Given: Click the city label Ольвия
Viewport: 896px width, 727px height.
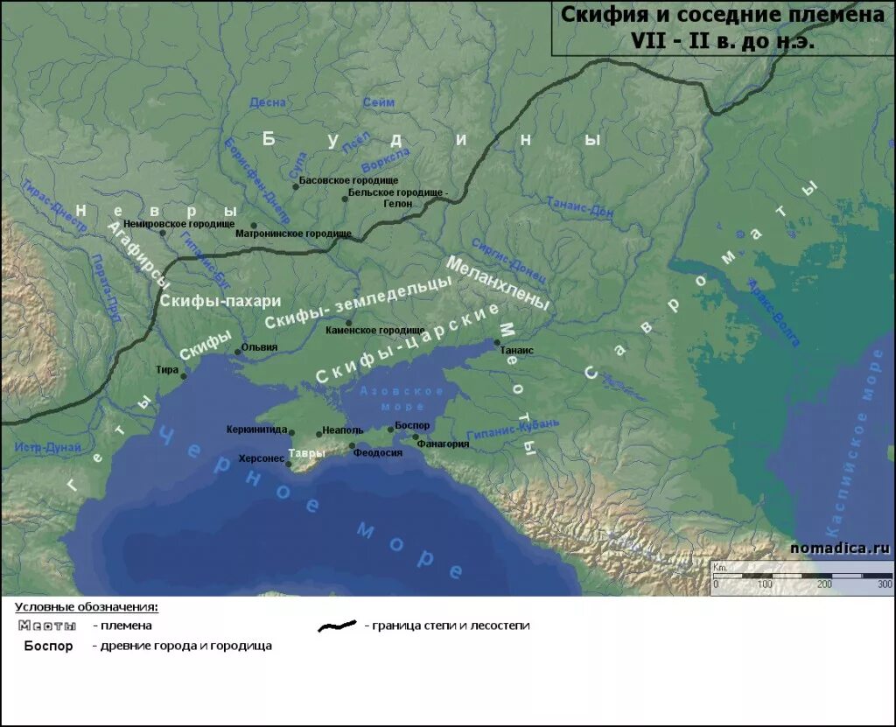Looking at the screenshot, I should coord(261,347).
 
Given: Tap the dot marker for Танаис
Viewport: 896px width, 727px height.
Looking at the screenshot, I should coord(498,342).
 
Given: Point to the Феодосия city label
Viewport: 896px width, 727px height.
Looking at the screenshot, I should coord(378,452).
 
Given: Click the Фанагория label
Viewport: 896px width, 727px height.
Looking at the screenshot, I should coord(443,444).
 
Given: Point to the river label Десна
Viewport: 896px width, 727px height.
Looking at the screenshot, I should coord(268,102).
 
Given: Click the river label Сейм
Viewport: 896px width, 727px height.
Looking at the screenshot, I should coord(378,102).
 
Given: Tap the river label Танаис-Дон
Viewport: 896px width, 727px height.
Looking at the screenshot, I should coord(580,206).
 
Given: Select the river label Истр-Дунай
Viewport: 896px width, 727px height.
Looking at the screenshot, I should coord(47,447).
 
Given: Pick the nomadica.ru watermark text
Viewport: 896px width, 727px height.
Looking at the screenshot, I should coord(839,548).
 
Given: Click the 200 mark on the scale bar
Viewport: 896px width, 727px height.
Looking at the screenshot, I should coord(823,584).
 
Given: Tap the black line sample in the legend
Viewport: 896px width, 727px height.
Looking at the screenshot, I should coord(337,626).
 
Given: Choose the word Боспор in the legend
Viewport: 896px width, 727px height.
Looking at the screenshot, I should coord(48,646).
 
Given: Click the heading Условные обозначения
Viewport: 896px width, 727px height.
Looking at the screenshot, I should coord(87,606).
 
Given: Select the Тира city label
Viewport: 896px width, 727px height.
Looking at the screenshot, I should coord(167,369).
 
